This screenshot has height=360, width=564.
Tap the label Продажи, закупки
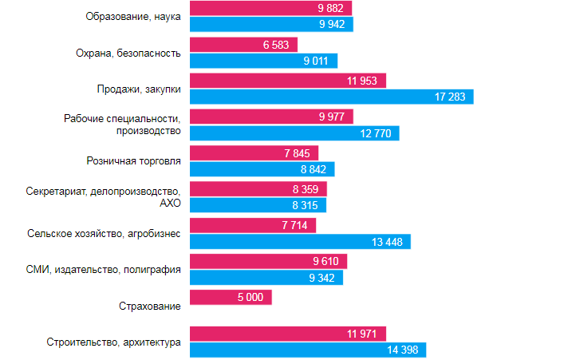coord(139,89)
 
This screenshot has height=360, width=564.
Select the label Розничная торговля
coord(133,160)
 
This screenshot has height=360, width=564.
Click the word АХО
coord(170,203)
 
